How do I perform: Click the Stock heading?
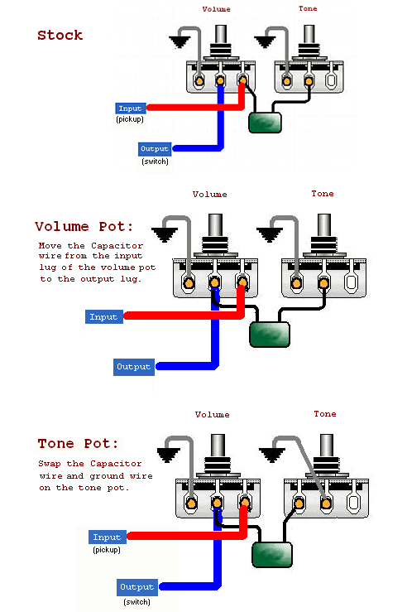60,35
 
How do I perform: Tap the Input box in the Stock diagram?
131,108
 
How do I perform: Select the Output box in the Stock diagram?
155,149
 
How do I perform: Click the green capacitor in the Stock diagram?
265,123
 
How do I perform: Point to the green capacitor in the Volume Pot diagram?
270,335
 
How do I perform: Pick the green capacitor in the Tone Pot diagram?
272,555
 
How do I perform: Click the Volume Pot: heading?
84,226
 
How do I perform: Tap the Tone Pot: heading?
78,443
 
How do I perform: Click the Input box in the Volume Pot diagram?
104,316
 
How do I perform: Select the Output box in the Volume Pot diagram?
134,367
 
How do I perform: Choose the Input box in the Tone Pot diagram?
108,537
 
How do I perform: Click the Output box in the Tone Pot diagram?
137,587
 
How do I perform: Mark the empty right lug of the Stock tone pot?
331,80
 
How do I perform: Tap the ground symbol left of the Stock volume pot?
180,41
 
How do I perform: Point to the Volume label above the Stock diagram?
217,9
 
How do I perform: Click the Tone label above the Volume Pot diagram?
323,194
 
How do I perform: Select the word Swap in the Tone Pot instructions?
50,464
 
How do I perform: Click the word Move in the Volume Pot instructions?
50,245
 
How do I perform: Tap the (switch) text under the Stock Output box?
156,161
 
